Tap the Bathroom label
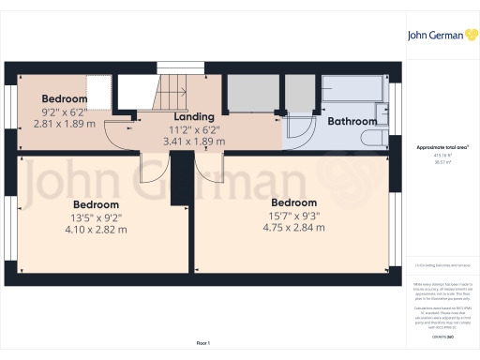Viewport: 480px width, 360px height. click(352, 121)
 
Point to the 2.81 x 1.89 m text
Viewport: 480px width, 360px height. click(64, 122)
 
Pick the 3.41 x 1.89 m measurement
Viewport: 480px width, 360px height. click(192, 142)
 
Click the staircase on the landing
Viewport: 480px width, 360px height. click(171, 90)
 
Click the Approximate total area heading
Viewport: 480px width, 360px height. click(442, 147)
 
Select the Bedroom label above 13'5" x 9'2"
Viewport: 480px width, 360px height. click(97, 204)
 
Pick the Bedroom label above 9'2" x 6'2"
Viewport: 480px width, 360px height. click(64, 98)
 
